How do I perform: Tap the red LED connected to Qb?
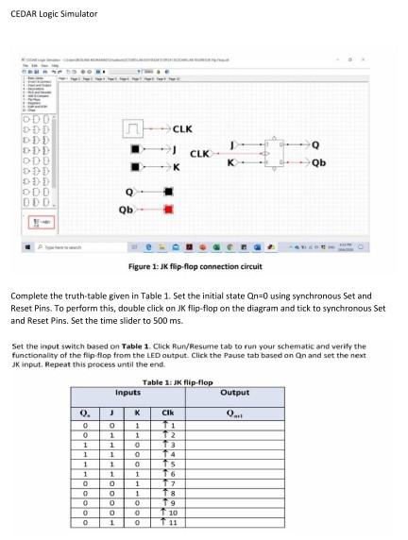click(x=169, y=208)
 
